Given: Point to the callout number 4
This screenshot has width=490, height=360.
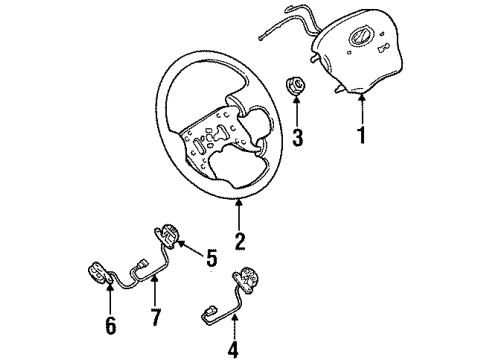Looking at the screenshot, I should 234,351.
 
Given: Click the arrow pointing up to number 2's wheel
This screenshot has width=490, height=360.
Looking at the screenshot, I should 240,212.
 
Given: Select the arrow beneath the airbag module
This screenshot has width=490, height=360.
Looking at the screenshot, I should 359,104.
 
